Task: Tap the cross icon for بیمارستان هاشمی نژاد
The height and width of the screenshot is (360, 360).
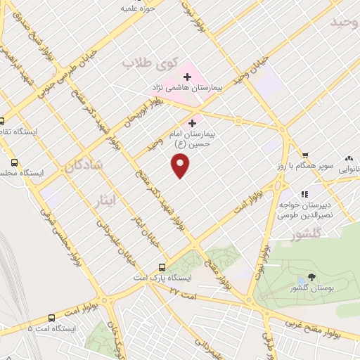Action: (x=188, y=76)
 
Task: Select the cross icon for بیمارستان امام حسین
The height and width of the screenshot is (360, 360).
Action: (x=193, y=122)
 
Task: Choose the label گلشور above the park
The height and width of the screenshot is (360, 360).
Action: (x=306, y=232)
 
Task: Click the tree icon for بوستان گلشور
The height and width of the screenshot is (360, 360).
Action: (x=312, y=279)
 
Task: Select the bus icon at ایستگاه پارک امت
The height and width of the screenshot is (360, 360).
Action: (x=162, y=267)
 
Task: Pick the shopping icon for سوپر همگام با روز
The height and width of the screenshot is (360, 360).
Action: (x=305, y=155)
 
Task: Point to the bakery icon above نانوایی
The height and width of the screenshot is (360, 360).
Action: (x=349, y=159)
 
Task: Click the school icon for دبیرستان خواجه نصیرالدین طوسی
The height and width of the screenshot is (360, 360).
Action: (x=304, y=194)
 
